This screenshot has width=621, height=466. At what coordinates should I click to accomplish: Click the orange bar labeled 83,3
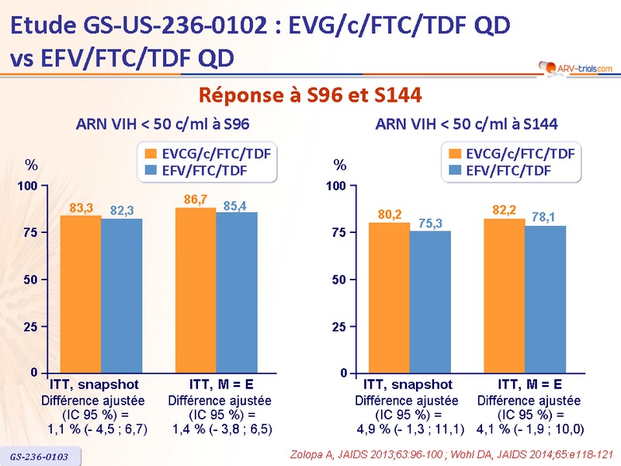pos(81,294)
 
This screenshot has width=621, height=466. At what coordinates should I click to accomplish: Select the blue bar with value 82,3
pos(121,296)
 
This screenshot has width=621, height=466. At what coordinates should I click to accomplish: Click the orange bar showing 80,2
pos(389,297)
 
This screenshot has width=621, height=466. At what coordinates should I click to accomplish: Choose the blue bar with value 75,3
pos(429,302)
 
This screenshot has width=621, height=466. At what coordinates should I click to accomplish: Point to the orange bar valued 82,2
pos(505,296)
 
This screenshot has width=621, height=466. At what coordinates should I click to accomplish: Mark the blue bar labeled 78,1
pos(545,299)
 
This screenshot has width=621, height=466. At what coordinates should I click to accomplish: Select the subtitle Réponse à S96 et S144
pos(310,96)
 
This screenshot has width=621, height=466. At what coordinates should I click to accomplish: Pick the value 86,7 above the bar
pos(196,200)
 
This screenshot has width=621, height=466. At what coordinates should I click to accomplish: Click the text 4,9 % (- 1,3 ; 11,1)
pos(410,428)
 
